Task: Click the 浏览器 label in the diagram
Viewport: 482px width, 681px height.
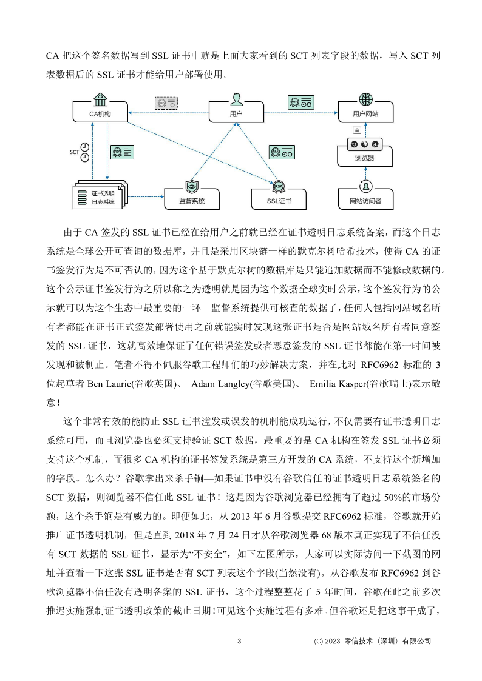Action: [x=365, y=158]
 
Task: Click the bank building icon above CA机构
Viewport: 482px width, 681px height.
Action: [x=100, y=97]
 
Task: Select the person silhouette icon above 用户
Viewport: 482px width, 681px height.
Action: [x=236, y=98]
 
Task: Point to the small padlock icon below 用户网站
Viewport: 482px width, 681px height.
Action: [x=356, y=130]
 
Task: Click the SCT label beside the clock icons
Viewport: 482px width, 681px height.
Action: [x=74, y=152]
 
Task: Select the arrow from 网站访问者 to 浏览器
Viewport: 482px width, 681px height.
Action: [x=365, y=174]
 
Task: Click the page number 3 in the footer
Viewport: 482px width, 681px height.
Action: [x=239, y=641]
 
